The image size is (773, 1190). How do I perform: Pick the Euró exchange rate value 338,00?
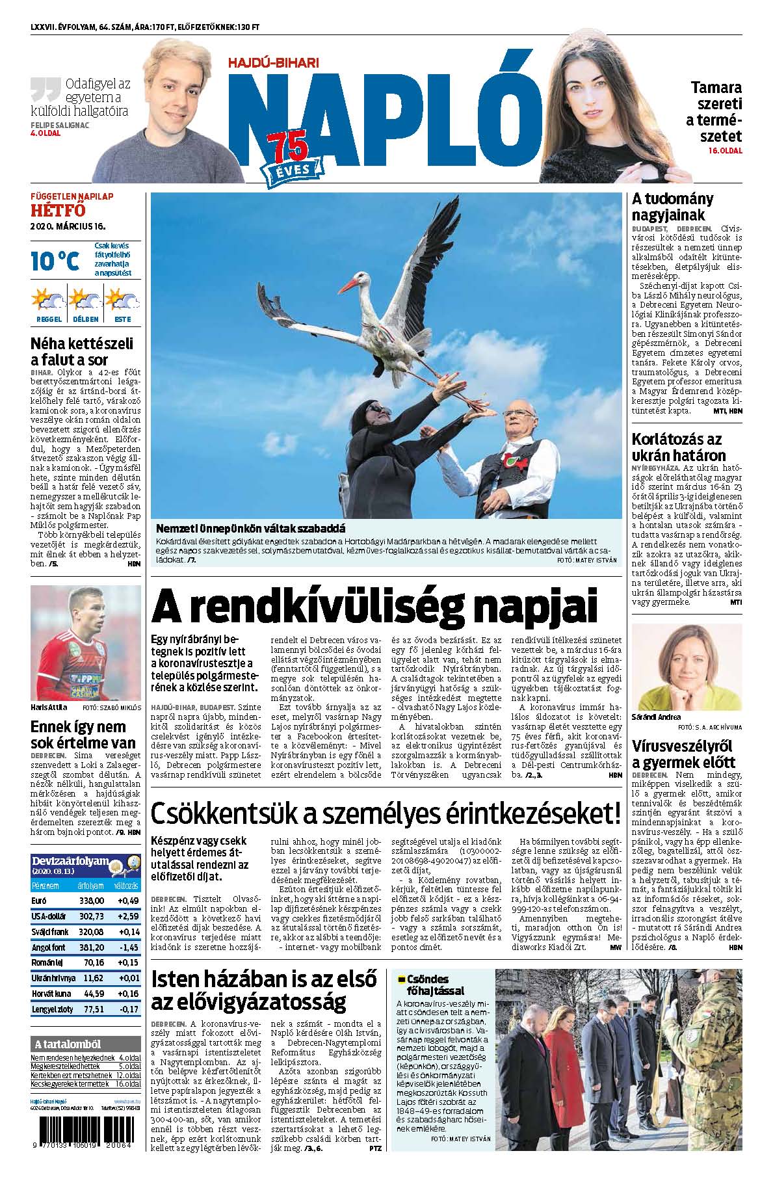pos(91,900)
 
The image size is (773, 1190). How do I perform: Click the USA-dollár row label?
pos(49,916)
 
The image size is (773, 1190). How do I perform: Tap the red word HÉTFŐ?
pos(59,210)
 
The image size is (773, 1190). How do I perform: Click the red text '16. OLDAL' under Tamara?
pos(725,150)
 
